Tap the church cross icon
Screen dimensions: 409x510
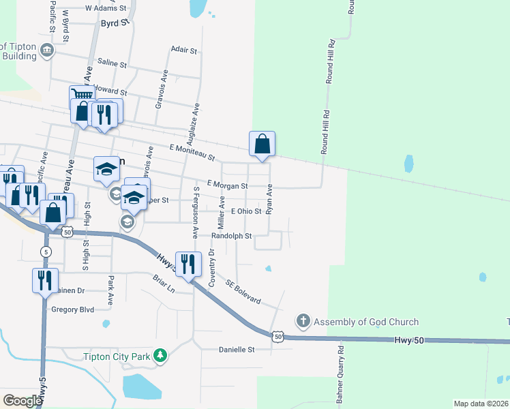point(303,320)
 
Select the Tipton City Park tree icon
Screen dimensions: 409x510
point(160,355)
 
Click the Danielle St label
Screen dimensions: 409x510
point(236,350)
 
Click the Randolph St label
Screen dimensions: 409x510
point(232,236)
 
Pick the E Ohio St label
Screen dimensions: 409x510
point(246,211)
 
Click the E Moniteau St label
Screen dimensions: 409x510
point(192,152)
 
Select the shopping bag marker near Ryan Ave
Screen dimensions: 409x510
point(262,143)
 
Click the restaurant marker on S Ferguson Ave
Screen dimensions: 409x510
point(187,263)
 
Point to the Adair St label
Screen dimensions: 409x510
point(183,50)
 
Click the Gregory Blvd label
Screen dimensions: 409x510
point(72,309)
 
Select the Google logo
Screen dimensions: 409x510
point(22,400)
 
